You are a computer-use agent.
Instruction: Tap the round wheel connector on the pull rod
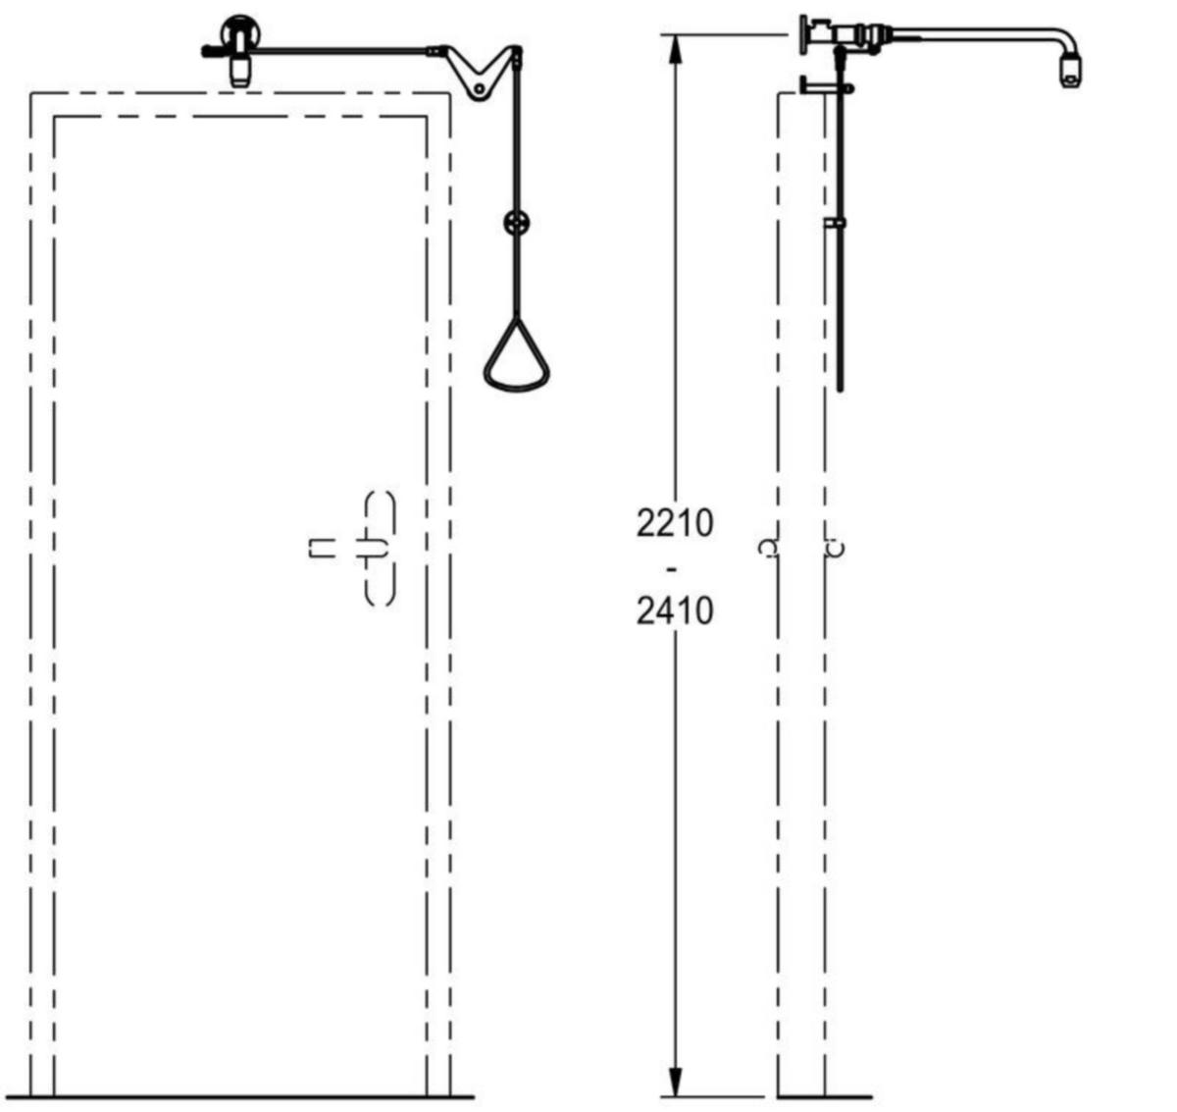click(517, 223)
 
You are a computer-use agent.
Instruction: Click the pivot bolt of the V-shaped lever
click(479, 89)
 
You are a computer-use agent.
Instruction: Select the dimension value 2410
click(675, 611)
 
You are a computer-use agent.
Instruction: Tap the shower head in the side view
click(1070, 73)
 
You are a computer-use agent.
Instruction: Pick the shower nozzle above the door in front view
click(239, 72)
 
